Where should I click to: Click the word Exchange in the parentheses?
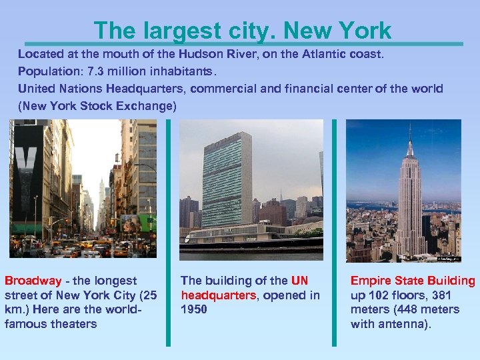(147, 106)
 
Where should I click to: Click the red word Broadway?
(32, 281)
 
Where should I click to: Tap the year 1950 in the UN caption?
(194, 309)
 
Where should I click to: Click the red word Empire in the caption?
(371, 281)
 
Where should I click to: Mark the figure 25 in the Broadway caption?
(145, 295)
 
